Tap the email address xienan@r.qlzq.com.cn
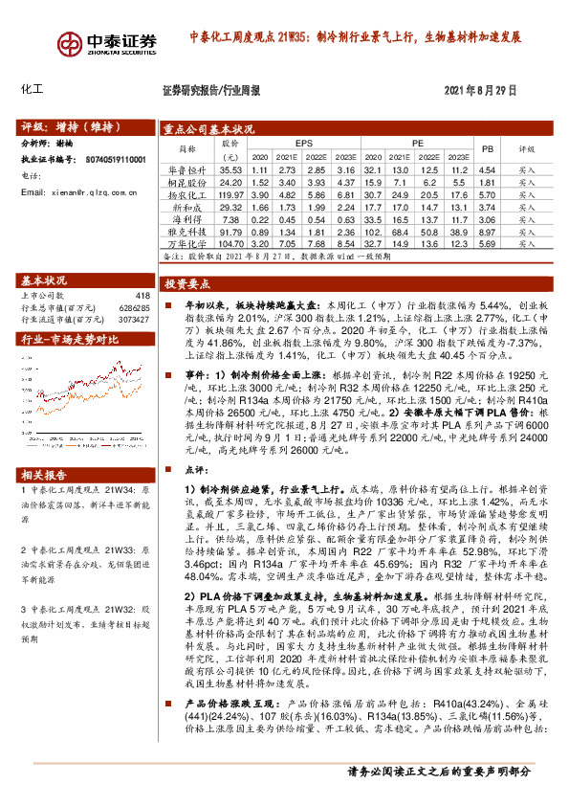(86, 192)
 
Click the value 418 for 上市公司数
(142, 295)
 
